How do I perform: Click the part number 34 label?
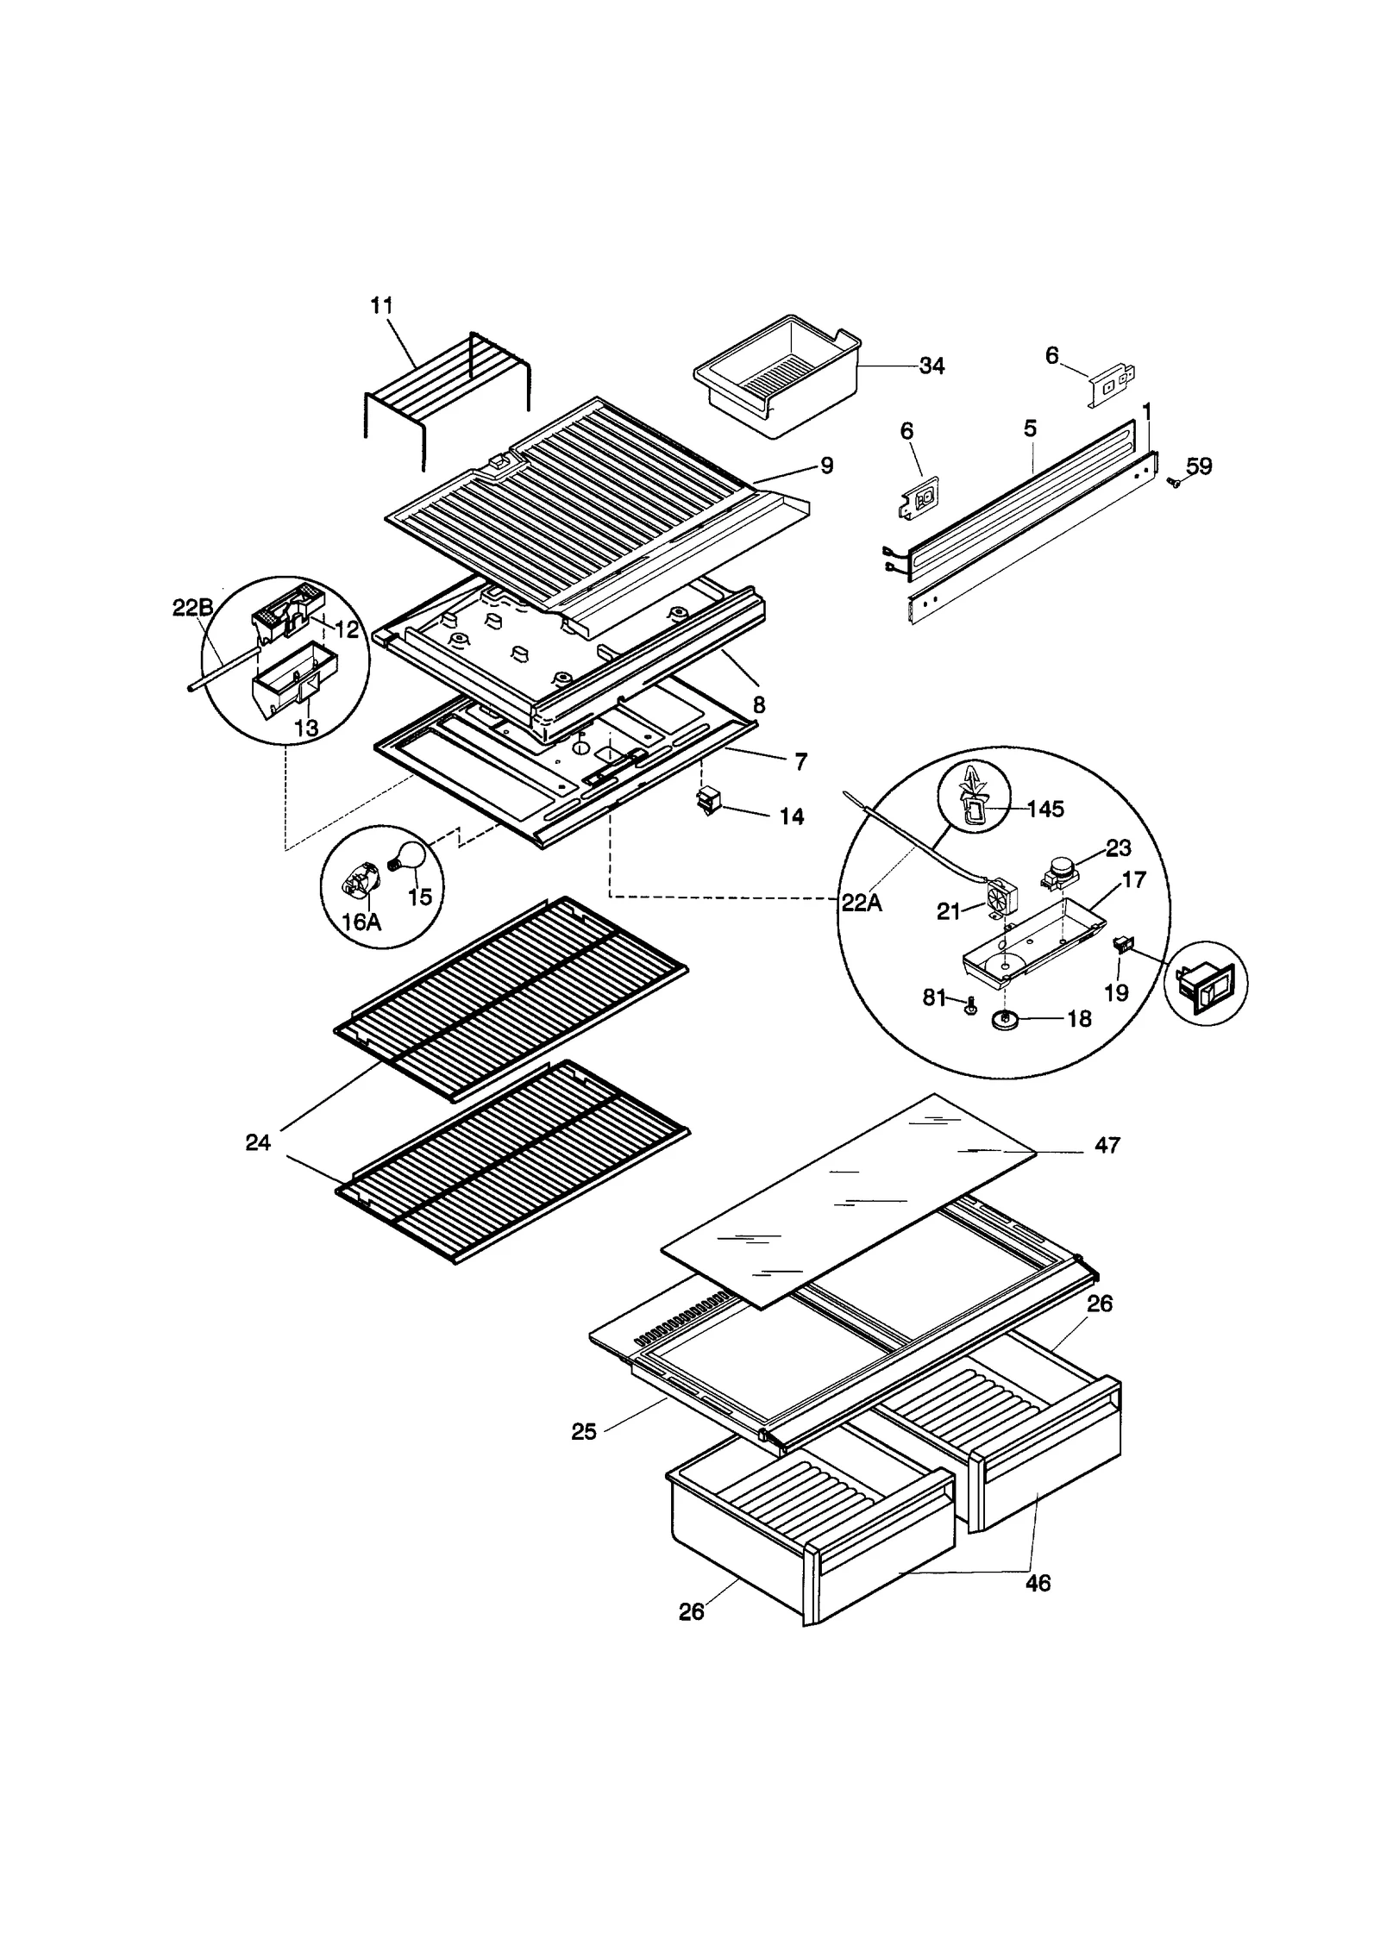pos(931,366)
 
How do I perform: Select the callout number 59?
pos(1199,466)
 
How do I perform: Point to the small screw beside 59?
pos(1171,485)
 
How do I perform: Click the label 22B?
pos(192,609)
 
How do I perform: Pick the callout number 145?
pos(1045,809)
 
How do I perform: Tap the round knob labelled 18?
pos(1005,1020)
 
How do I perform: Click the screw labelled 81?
pos(969,1005)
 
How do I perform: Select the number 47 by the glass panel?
pos(1107,1145)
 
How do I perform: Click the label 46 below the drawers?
pos(1038,1583)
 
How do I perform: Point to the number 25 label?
pos(584,1431)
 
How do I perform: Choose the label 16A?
pos(361,922)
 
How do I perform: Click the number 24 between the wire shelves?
pos(258,1143)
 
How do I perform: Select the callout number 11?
pos(382,305)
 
